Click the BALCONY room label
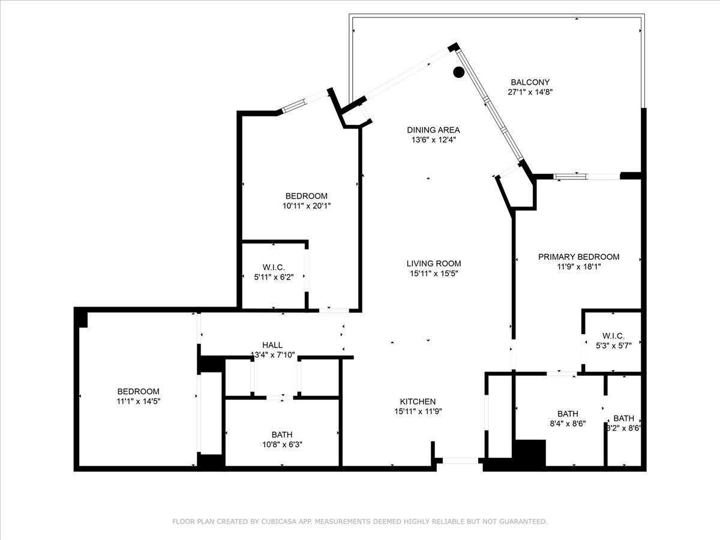tap(530, 82)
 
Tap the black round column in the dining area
tap(458, 72)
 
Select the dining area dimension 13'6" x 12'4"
tap(434, 140)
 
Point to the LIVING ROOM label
tap(434, 263)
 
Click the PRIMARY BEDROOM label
tap(578, 257)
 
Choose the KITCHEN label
tap(418, 401)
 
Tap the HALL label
tap(272, 345)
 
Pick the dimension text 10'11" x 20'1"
tap(307, 206)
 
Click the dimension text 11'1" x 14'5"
tap(139, 401)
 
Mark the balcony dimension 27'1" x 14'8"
tap(530, 92)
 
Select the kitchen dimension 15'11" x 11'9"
tap(418, 412)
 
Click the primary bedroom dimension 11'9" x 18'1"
tap(578, 267)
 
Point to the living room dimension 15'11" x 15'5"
tap(434, 274)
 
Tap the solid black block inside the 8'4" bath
tap(529, 453)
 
